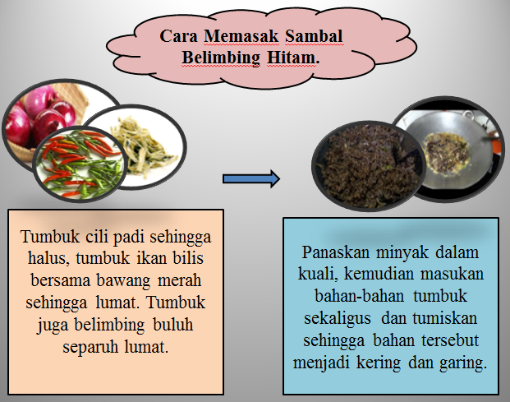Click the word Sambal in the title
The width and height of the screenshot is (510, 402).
pos(314,36)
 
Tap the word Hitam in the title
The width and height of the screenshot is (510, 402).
pos(291,58)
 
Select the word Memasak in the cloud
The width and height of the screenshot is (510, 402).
pos(241,36)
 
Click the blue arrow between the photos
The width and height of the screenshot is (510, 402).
pos(251,178)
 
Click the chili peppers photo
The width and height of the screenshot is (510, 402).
pos(80,164)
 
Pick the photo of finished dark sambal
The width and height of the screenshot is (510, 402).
pos(369,166)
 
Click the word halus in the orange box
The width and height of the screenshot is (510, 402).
pos(48,258)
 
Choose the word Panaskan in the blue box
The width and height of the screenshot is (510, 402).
pos(335,252)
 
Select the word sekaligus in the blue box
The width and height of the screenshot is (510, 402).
pos(338,319)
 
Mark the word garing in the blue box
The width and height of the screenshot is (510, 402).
pos(463,363)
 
